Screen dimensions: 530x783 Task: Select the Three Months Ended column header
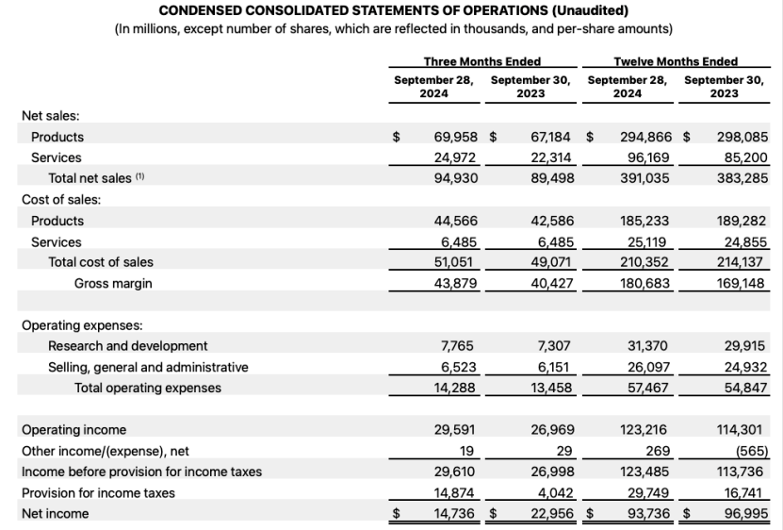point(481,62)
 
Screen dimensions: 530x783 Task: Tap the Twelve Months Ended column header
point(676,62)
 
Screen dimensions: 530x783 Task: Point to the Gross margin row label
point(113,283)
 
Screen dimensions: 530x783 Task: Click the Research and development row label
point(128,346)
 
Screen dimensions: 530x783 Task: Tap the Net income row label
point(55,514)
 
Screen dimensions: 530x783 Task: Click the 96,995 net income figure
point(741,514)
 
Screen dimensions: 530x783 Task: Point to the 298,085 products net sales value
point(741,137)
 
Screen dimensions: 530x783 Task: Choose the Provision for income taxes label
point(98,492)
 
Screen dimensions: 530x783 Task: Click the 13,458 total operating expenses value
point(550,388)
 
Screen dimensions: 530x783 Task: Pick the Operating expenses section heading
point(81,325)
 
